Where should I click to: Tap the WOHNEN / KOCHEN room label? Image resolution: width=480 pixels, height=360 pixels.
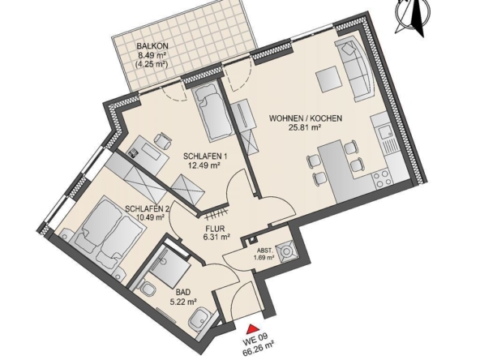pos(306,118)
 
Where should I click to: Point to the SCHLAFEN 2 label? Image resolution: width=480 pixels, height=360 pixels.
pos(147,208)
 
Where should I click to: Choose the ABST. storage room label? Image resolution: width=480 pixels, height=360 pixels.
pos(264,250)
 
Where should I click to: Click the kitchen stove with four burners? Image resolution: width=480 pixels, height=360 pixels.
pos(381,174)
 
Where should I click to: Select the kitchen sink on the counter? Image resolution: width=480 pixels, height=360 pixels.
pos(384,131)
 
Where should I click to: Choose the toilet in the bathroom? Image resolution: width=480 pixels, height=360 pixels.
pos(148,289)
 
